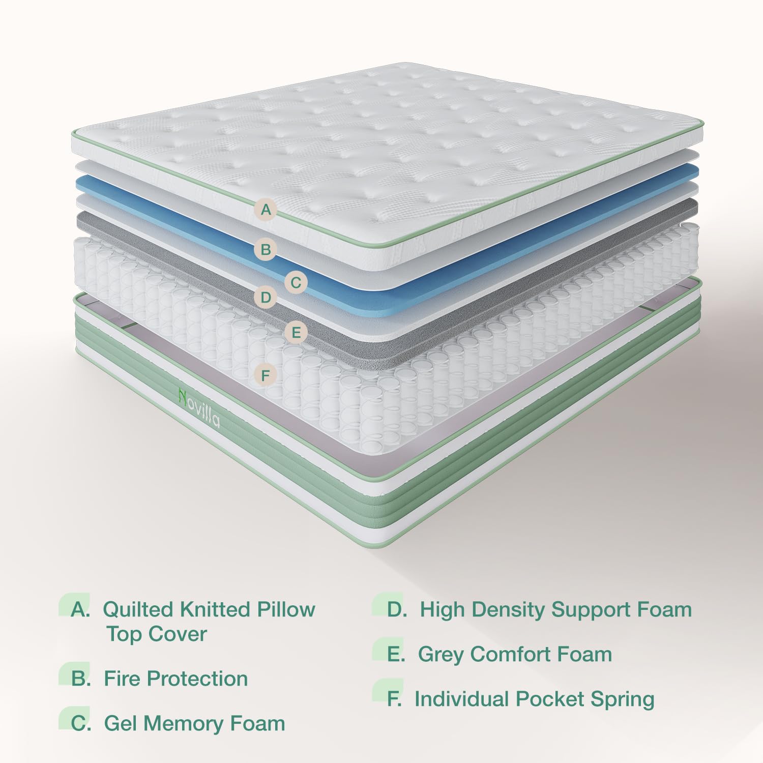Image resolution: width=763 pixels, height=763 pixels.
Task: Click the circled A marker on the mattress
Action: [x=266, y=209]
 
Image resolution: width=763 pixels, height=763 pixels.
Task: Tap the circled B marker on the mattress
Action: [x=266, y=250]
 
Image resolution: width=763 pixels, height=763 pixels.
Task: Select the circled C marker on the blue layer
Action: [x=296, y=282]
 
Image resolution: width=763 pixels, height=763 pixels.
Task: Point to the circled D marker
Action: [x=266, y=297]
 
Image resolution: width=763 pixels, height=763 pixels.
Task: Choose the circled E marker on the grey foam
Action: [x=296, y=333]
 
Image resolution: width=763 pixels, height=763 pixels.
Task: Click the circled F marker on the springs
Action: [x=266, y=376]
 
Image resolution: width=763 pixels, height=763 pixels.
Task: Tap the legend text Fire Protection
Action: [x=175, y=679]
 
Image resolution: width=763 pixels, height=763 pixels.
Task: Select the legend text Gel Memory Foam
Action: [x=194, y=723]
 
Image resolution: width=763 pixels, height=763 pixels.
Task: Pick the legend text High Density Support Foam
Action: [x=555, y=609]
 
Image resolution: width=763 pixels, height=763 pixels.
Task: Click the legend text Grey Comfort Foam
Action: [x=515, y=654]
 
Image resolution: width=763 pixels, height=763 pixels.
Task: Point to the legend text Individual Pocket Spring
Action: [x=534, y=699]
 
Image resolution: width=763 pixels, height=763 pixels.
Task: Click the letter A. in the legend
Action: [x=80, y=609]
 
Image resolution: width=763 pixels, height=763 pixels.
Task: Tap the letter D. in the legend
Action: [x=397, y=609]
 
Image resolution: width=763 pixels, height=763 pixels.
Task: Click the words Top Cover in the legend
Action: [x=156, y=634]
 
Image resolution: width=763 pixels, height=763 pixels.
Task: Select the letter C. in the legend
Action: [x=81, y=723]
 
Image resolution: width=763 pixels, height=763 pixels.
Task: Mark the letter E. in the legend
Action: [x=396, y=654]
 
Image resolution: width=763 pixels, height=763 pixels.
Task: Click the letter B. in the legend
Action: [x=81, y=679]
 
